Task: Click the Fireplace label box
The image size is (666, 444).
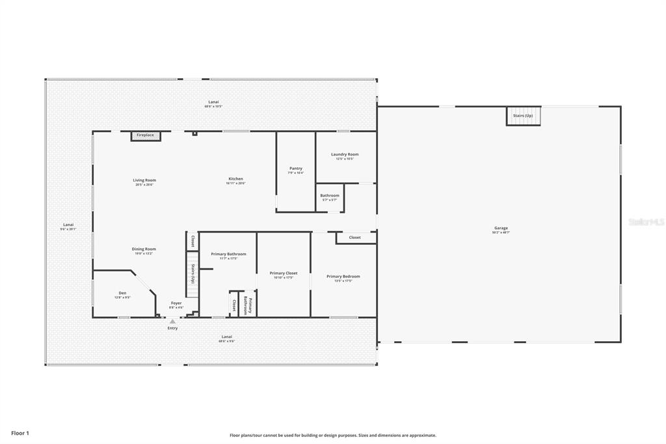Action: point(145,135)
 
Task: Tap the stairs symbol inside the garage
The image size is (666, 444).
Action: point(523,116)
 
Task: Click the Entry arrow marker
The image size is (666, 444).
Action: point(172,322)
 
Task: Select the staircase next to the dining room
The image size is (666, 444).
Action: point(192,273)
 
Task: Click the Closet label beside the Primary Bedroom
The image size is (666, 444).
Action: point(354,238)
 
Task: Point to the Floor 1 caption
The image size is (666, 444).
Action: point(20,432)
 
